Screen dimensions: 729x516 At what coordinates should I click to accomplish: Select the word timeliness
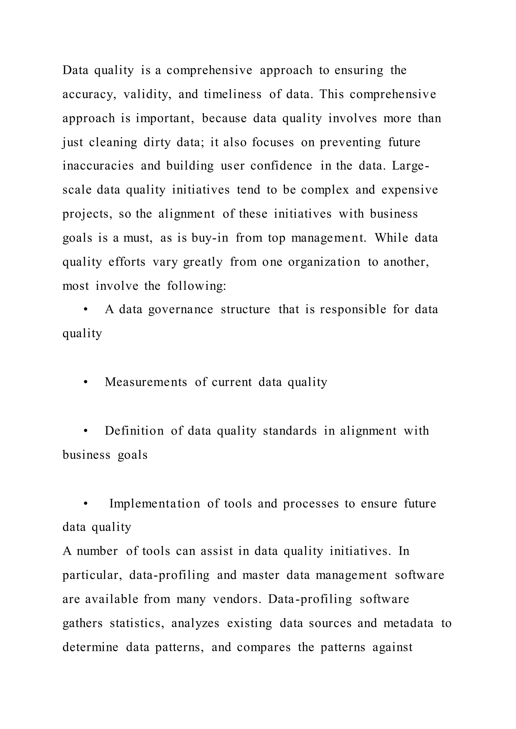[233, 95]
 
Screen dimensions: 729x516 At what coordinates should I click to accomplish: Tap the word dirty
[157, 142]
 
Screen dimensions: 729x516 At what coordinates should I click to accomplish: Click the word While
[391, 238]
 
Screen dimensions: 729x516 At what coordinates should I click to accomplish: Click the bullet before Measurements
[85, 382]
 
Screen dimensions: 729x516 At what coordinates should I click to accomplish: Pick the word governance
[180, 310]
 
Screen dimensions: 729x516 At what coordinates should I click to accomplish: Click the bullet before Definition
[85, 431]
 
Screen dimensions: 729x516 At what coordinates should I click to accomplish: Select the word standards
[289, 431]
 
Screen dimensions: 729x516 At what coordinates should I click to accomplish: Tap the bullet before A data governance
[85, 310]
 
